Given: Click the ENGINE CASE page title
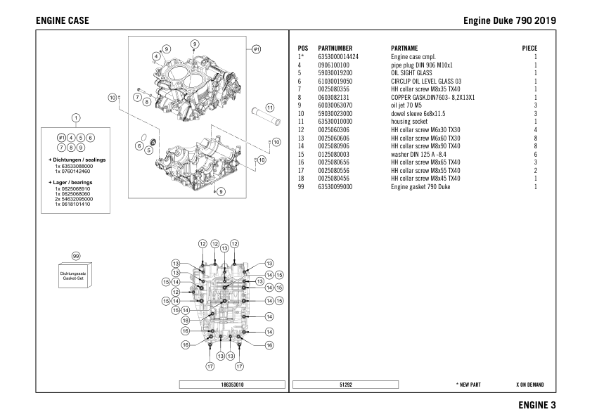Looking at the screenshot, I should tap(62, 20).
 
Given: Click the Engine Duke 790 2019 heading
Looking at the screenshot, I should tap(510, 20).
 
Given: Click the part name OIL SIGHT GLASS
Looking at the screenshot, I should tap(411, 72).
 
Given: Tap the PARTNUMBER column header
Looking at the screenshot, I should tap(335, 48).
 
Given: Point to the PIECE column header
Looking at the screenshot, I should tap(529, 48).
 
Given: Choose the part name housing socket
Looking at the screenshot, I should tap(411, 121).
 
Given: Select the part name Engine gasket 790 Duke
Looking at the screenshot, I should tap(420, 187).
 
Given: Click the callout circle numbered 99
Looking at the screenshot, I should tap(76, 257).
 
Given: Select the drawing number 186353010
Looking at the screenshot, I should tap(232, 385).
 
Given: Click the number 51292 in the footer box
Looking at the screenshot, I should tap(345, 385).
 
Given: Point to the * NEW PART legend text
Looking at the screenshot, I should tap(468, 385).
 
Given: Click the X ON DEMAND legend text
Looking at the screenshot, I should tap(529, 385).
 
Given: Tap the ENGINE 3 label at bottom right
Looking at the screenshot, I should tap(537, 405).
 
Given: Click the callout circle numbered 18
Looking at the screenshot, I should tap(186, 320).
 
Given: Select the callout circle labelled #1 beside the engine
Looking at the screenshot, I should tap(257, 49).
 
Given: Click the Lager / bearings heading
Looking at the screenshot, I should tap(75, 183).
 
